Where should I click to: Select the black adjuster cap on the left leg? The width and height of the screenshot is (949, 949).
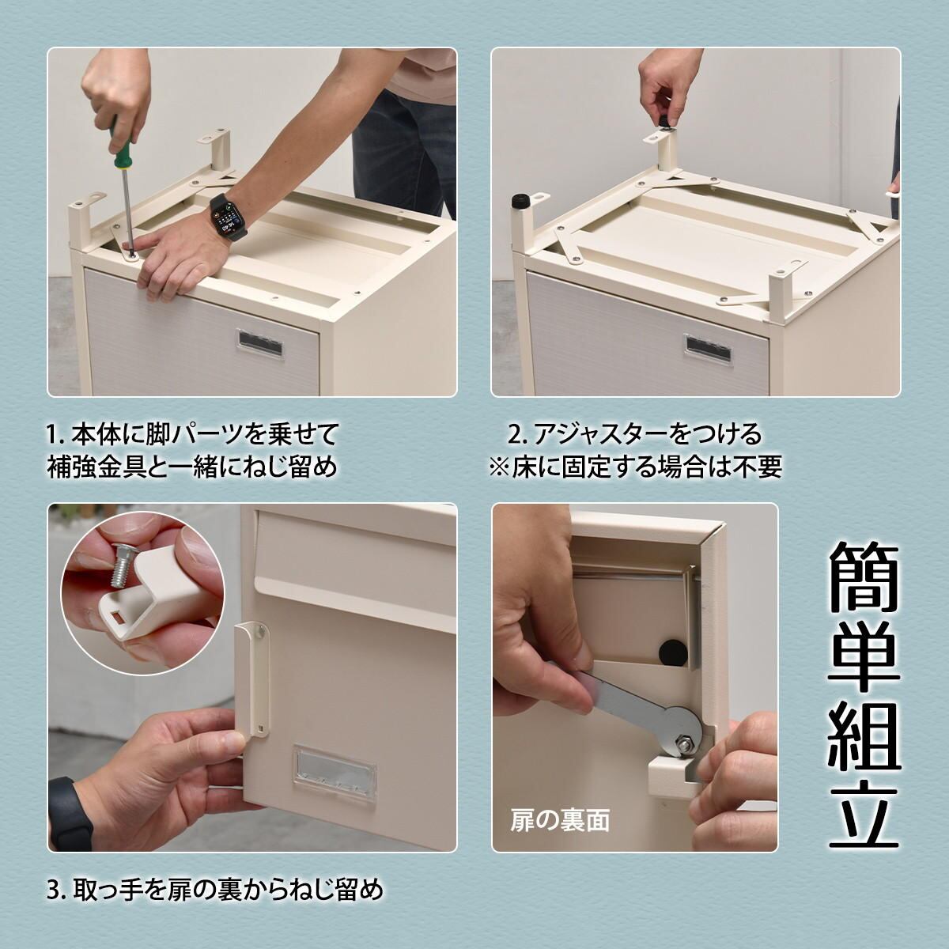point(520,201)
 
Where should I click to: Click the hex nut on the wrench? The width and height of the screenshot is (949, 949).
point(683,723)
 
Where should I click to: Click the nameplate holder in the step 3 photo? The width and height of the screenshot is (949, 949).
point(334,777)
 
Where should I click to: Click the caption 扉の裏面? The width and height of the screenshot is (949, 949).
point(559,821)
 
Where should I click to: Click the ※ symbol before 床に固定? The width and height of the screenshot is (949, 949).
point(498,467)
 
